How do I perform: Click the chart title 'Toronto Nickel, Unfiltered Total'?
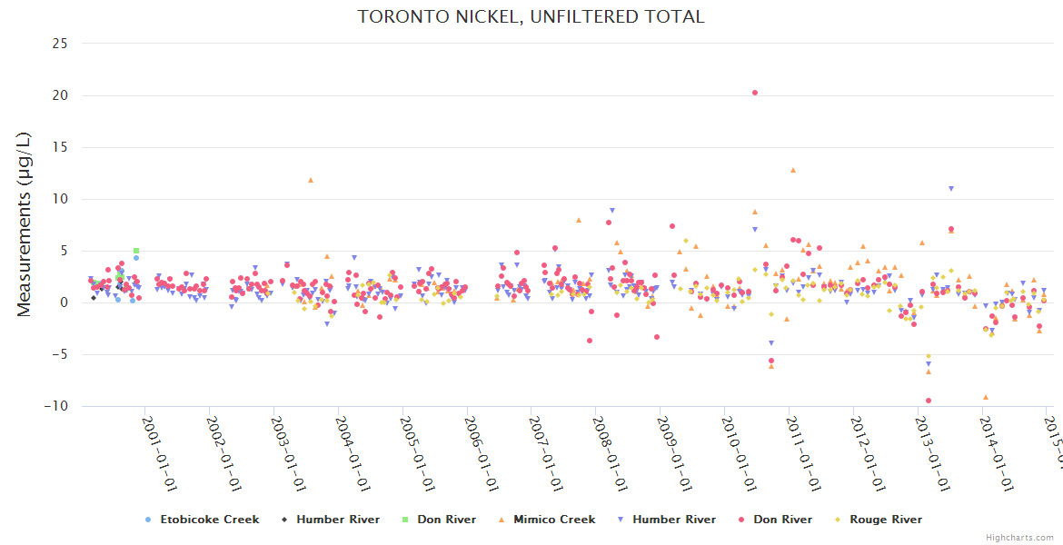point(531,16)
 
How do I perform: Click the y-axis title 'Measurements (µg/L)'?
point(25,223)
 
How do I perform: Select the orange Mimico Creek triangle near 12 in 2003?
point(311,180)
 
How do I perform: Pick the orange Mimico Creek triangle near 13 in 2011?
point(793,170)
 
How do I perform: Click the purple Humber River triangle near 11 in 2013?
point(951,189)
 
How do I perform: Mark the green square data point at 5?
point(136,251)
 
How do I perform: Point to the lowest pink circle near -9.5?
point(929,401)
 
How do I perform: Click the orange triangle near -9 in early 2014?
point(986,397)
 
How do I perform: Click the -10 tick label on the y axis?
point(55,406)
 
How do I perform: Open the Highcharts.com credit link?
point(1019,537)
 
